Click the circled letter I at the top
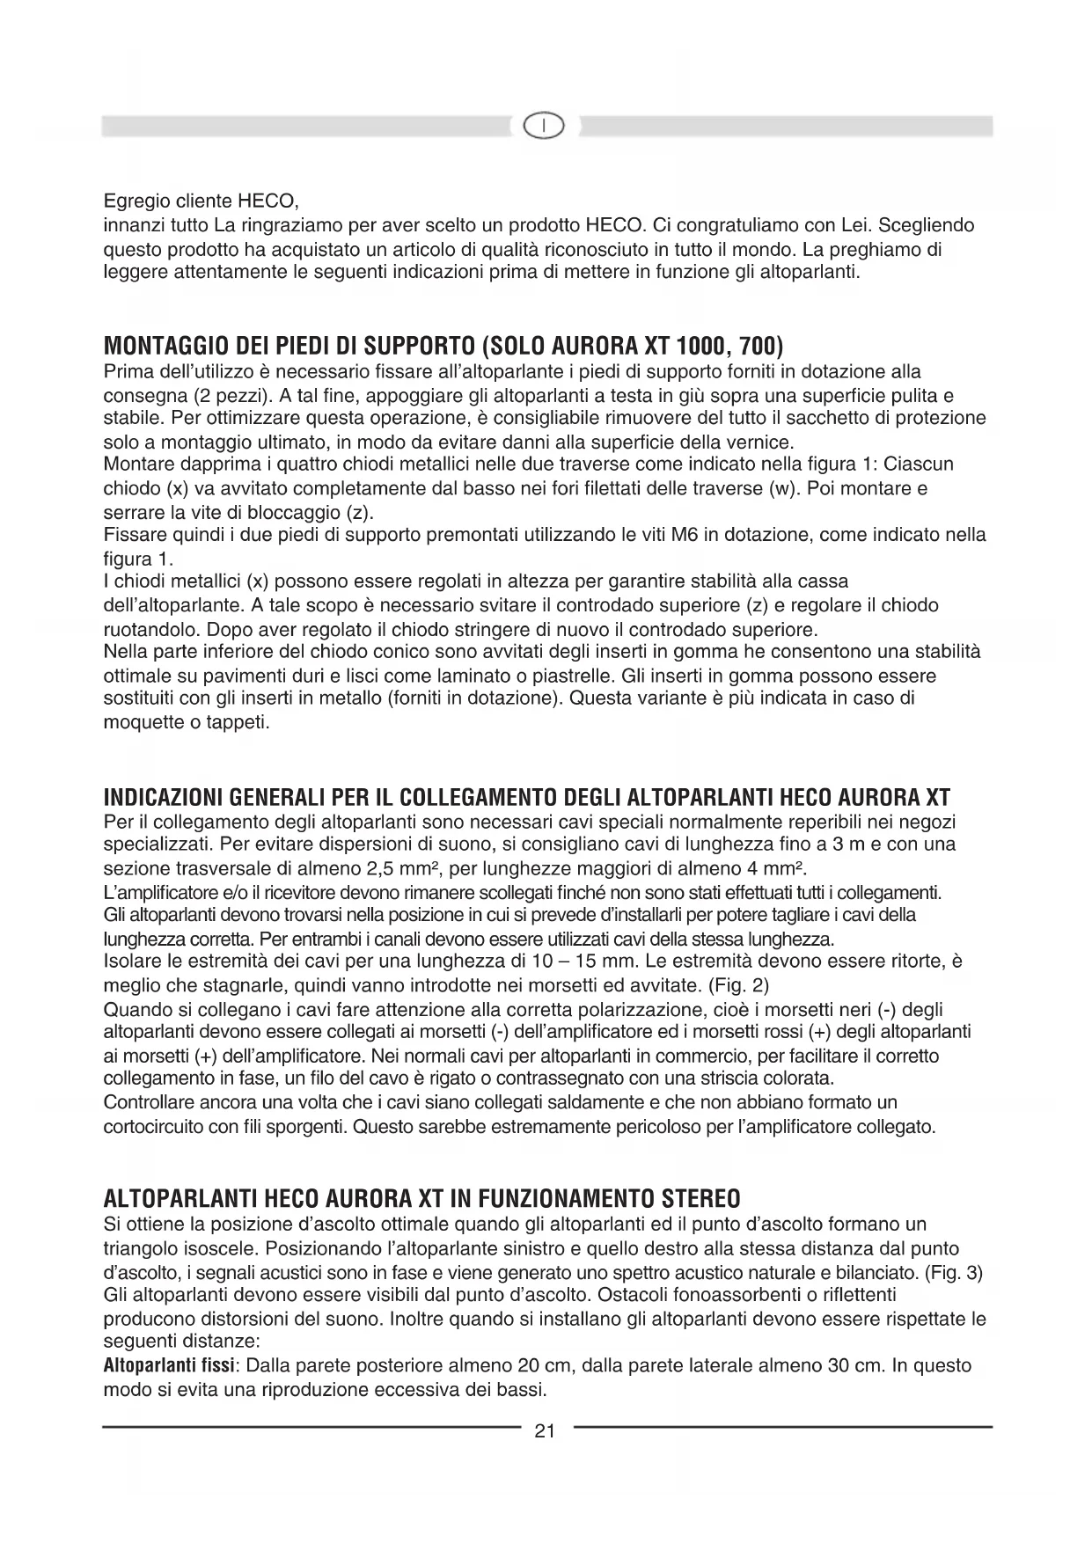point(545,127)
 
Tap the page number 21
point(545,1430)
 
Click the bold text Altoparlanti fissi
point(168,1366)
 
